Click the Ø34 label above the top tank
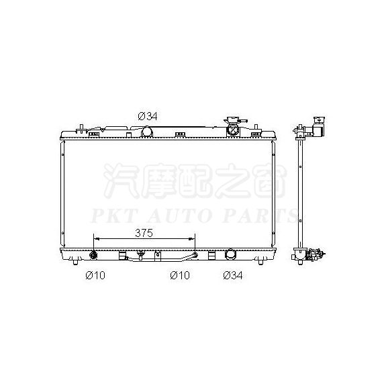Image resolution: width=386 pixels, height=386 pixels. coord(148,116)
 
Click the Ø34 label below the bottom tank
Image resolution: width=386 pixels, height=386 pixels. coord(233,275)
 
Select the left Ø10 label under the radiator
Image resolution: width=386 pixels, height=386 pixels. coord(95,275)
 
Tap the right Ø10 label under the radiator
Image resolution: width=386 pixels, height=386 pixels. coord(180,275)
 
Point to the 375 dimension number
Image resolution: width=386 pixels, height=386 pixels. coord(144,233)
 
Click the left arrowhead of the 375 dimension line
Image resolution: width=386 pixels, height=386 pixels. coord(97,238)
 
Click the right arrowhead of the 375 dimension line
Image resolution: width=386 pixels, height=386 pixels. coord(192,238)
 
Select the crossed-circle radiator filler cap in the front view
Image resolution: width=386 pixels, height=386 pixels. coord(233,130)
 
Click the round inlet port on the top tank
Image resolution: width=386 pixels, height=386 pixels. coord(147,132)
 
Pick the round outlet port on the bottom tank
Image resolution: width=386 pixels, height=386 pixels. coord(230,254)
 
